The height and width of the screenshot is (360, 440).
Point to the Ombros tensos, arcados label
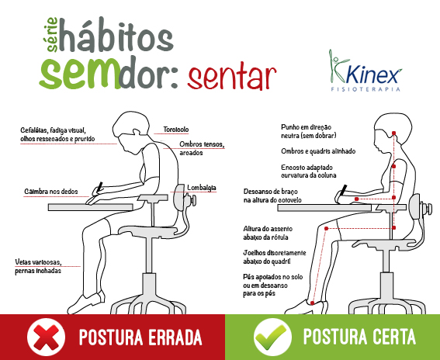pos(201,147)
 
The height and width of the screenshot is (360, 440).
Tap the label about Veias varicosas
pos(47,265)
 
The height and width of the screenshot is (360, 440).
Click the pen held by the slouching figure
pos(100,186)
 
